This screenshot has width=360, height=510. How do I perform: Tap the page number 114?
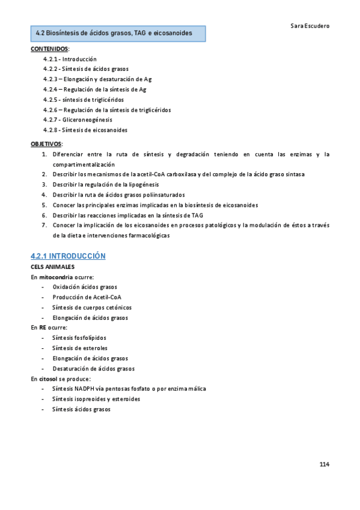point(324,464)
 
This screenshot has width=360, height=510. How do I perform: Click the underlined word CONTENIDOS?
point(49,49)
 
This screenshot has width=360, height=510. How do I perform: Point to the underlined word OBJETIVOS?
point(46,144)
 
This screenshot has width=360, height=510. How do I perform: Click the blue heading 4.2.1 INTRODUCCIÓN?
point(68,256)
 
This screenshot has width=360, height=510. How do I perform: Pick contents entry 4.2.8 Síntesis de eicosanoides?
point(85,130)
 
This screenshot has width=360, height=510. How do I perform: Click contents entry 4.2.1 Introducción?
point(69,60)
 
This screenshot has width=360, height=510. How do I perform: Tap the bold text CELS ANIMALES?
point(53,266)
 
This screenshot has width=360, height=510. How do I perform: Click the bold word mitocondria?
point(55,277)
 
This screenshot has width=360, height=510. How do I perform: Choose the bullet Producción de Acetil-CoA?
point(87,297)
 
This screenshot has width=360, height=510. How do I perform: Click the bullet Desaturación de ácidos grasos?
point(93,369)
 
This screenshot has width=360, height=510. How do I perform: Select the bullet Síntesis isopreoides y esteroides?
point(96,399)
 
